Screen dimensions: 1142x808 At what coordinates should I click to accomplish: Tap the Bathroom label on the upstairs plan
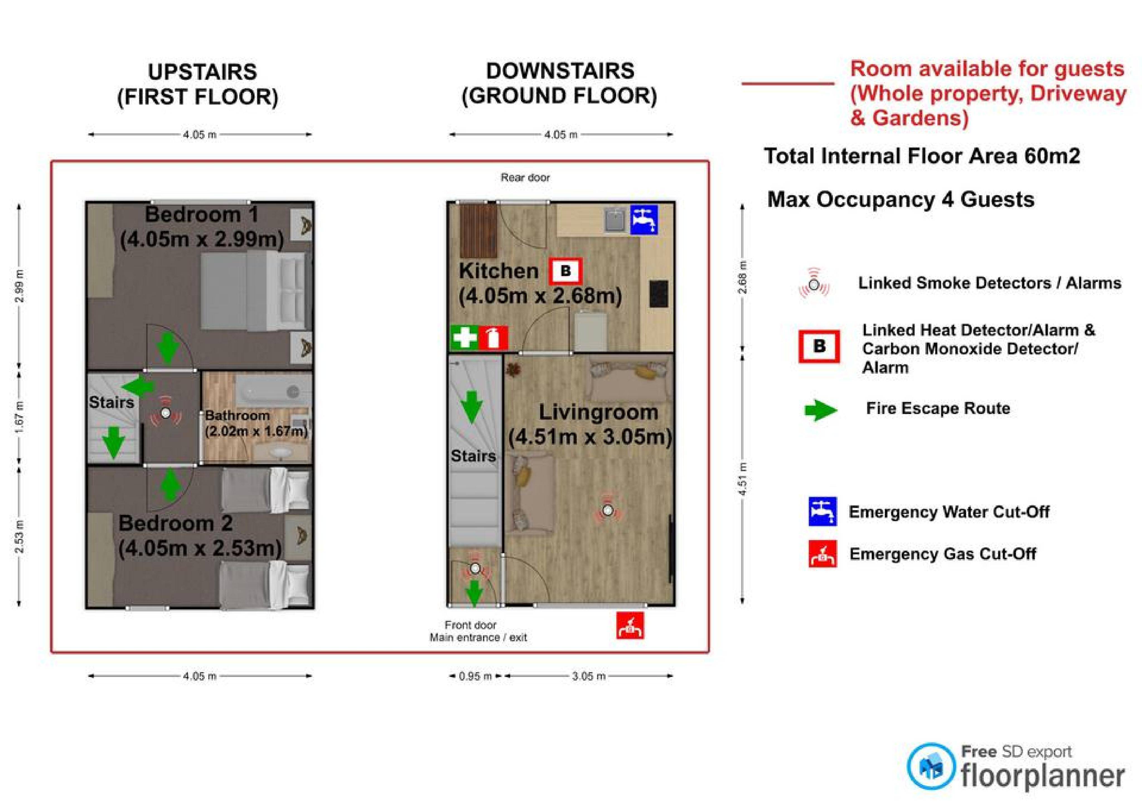237,415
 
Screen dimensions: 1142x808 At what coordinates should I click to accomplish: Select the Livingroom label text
598,412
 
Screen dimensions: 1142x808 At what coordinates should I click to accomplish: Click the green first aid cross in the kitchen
464,338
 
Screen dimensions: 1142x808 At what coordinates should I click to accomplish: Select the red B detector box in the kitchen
565,271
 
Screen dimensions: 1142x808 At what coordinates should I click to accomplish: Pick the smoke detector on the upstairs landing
166,413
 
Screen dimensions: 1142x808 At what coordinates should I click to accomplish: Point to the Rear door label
525,178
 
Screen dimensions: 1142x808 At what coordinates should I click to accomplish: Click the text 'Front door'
471,625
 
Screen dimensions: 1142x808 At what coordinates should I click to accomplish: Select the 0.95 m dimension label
475,676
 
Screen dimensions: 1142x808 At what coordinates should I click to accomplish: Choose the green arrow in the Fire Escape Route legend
821,410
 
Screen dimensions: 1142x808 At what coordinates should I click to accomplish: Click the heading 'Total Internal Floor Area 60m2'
922,156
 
